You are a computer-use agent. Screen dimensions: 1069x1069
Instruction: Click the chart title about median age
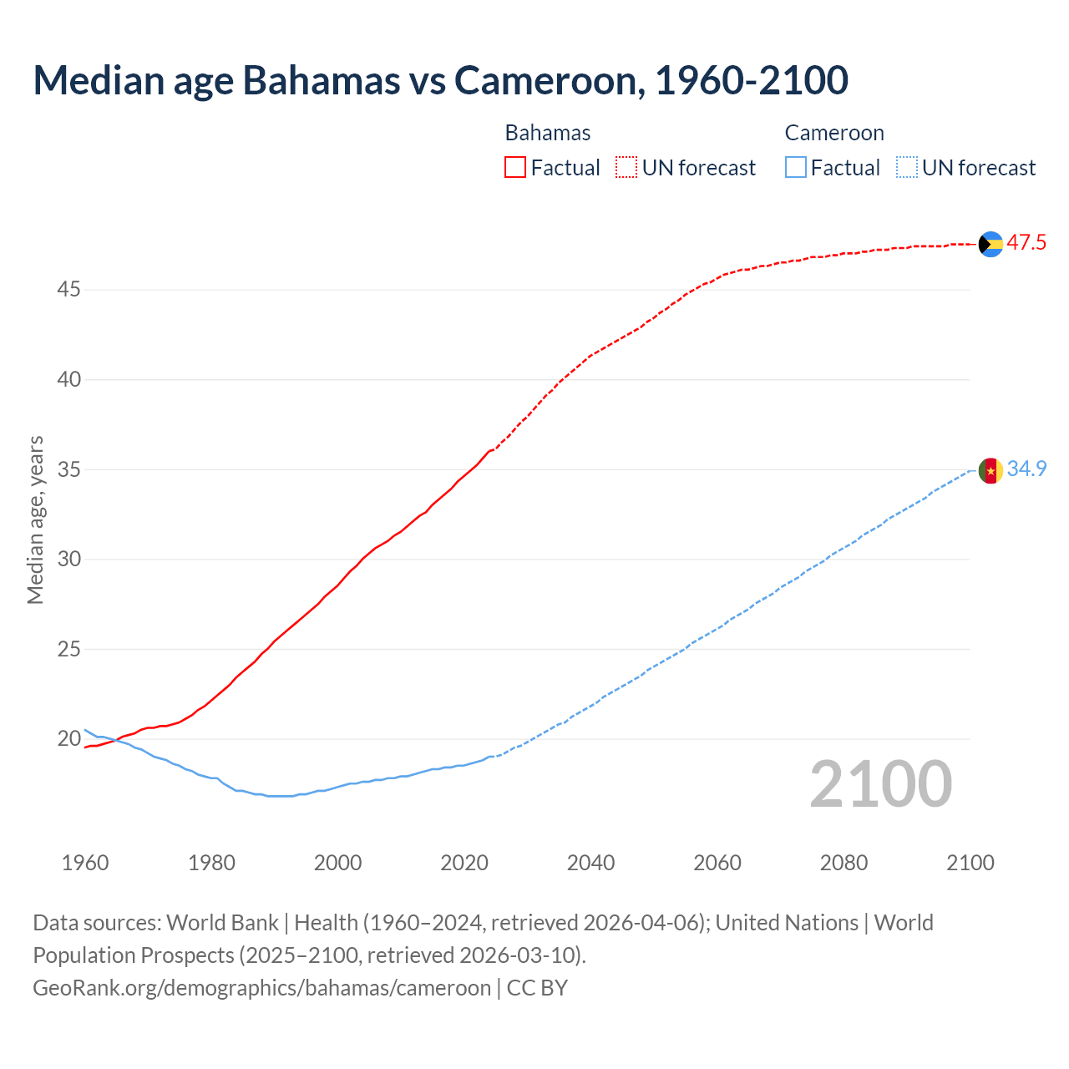coord(440,80)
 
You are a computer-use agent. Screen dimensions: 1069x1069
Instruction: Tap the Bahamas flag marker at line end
coord(990,244)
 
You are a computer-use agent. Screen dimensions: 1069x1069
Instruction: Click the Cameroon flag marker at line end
coord(990,471)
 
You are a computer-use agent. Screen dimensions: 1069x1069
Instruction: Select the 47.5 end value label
coord(1026,243)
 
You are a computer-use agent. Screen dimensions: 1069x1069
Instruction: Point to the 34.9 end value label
coord(1026,469)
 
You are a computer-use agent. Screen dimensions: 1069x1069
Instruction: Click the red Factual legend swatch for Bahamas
coord(515,168)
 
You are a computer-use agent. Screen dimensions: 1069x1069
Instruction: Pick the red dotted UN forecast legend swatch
coord(626,168)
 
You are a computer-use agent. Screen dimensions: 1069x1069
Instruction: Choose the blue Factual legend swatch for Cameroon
coord(795,168)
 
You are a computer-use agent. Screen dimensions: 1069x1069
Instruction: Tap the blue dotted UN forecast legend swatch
coord(906,168)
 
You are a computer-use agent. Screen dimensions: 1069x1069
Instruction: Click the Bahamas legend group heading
coord(548,133)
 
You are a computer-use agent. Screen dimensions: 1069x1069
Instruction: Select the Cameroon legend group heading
coord(834,133)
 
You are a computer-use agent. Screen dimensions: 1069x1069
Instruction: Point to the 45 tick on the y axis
coord(68,290)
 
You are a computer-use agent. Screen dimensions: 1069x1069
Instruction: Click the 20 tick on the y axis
coord(68,739)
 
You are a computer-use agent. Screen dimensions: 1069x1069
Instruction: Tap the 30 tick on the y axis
coord(68,560)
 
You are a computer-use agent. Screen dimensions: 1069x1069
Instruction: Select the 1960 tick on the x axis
coord(85,863)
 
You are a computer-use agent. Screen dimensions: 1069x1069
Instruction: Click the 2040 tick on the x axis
coord(590,863)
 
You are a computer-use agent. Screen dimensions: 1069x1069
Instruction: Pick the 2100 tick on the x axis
coord(970,863)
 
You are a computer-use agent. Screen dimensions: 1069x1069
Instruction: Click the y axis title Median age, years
coord(35,519)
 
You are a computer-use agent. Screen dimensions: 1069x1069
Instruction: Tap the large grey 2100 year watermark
coord(881,784)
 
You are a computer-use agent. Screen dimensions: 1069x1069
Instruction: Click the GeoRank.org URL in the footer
coord(261,988)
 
